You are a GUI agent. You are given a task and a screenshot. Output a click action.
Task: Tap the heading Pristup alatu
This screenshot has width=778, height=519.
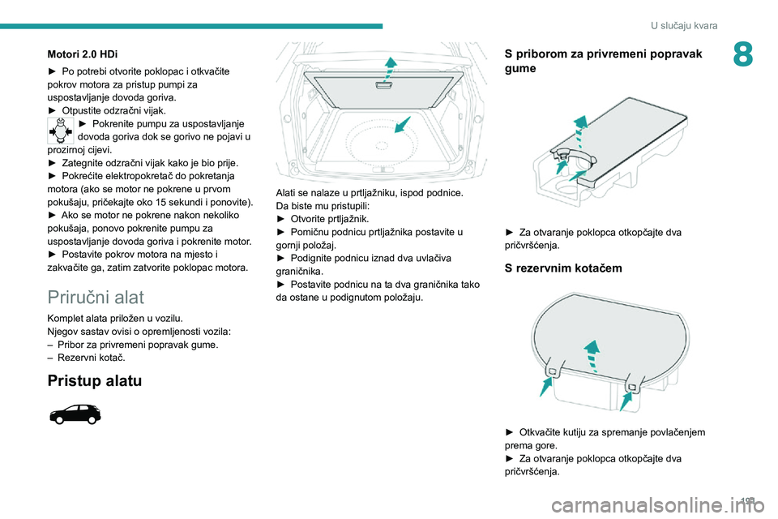click(x=95, y=380)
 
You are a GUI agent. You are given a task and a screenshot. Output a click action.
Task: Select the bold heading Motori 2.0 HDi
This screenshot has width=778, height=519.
click(x=82, y=54)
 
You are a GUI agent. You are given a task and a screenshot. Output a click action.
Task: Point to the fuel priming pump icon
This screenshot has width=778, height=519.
click(x=61, y=130)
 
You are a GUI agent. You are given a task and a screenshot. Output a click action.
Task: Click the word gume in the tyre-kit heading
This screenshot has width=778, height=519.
click(x=519, y=69)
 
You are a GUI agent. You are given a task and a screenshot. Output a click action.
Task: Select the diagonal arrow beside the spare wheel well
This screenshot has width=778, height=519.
click(x=403, y=125)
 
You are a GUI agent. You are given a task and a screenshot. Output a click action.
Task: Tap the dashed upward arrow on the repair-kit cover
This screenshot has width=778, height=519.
click(x=579, y=128)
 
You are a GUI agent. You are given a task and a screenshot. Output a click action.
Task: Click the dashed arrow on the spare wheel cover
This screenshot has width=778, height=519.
click(x=593, y=355)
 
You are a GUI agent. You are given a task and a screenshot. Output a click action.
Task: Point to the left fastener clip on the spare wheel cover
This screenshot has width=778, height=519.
click(x=552, y=371)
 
